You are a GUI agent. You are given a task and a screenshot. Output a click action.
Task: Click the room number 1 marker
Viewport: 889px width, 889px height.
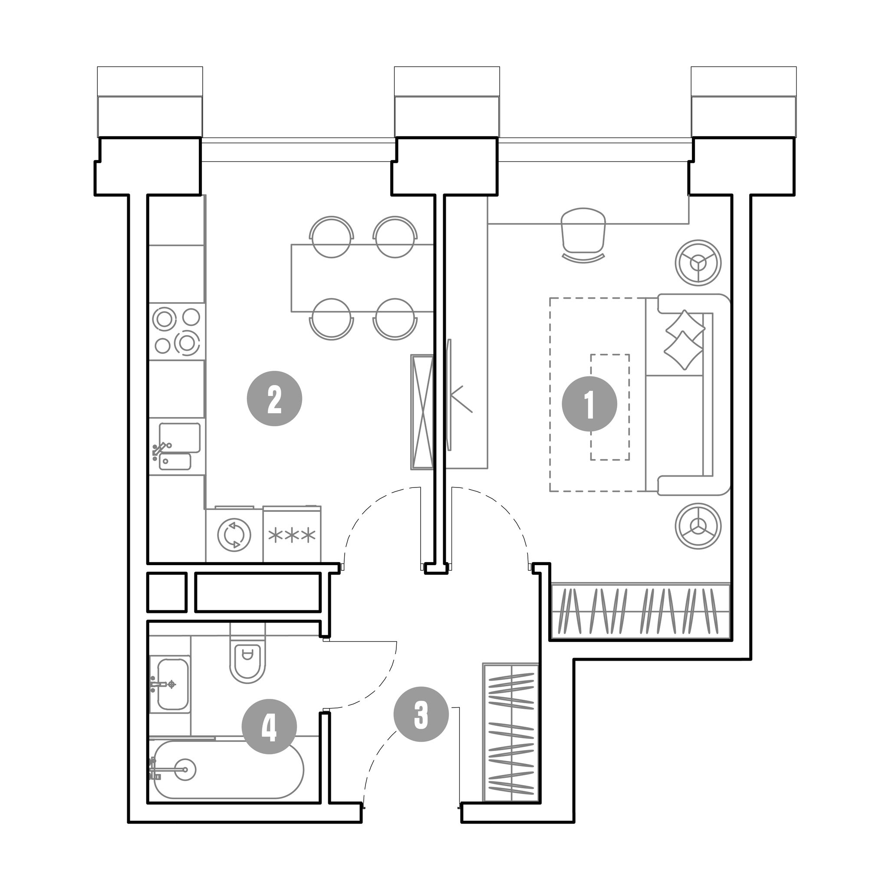tap(589, 404)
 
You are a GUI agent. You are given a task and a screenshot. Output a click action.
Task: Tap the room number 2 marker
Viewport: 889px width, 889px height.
tap(274, 399)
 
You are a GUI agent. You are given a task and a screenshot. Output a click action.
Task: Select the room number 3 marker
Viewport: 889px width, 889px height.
tap(421, 714)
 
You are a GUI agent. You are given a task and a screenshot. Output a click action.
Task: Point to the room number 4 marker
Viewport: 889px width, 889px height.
tap(269, 727)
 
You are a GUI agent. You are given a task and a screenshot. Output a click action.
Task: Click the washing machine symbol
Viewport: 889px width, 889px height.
tap(235, 535)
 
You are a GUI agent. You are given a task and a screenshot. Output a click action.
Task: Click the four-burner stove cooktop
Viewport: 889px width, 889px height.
tap(177, 331)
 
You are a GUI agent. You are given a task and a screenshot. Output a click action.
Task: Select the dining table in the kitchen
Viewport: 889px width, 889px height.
tap(362, 278)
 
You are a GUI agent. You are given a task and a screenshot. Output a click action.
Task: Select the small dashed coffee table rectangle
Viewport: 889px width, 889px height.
tap(610, 407)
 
